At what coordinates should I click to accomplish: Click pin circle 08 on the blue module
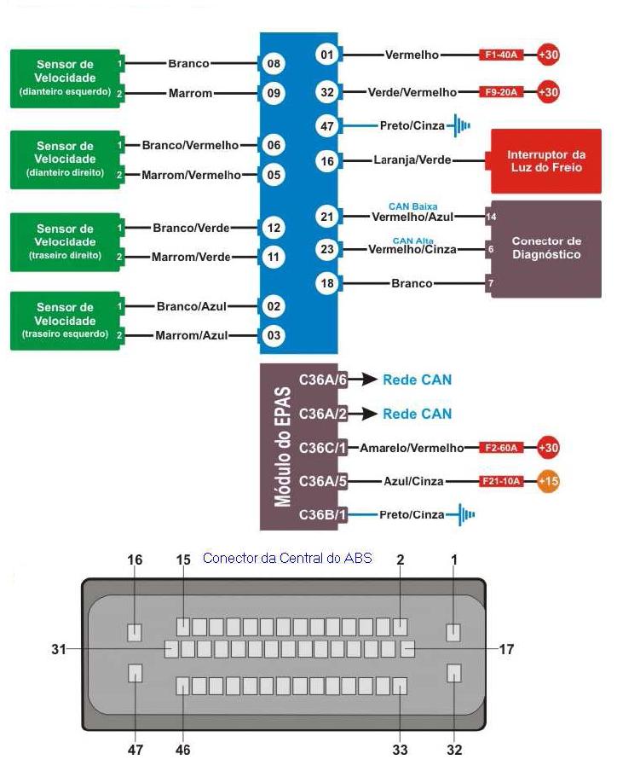pyautogui.click(x=273, y=64)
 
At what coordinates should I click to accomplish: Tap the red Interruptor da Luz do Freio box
pyautogui.click(x=545, y=160)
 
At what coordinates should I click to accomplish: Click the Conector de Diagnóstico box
pyautogui.click(x=545, y=248)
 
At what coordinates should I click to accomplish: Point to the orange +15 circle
pyautogui.click(x=549, y=482)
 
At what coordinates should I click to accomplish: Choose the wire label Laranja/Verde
pyautogui.click(x=412, y=160)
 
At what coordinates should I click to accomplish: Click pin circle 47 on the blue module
pyautogui.click(x=326, y=126)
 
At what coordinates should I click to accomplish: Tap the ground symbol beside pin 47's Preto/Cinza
pyautogui.click(x=460, y=126)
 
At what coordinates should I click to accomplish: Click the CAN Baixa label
pyautogui.click(x=412, y=206)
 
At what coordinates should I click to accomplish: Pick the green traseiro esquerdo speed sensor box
pyautogui.click(x=65, y=321)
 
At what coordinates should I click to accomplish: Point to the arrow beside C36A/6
pyautogui.click(x=365, y=380)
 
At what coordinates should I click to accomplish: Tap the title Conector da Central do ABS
pyautogui.click(x=287, y=559)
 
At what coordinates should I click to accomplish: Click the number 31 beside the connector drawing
pyautogui.click(x=59, y=650)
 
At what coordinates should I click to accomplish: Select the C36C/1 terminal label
pyautogui.click(x=322, y=448)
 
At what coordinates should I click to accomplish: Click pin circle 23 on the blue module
pyautogui.click(x=326, y=249)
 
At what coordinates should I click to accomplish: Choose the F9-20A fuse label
pyautogui.click(x=504, y=92)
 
